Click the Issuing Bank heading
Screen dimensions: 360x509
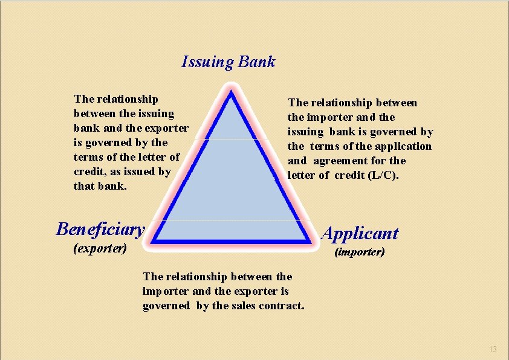point(229,62)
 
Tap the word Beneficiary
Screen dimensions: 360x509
point(100,229)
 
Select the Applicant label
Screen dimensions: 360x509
point(360,234)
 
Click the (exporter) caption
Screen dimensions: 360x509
point(100,248)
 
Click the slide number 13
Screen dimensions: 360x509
point(493,349)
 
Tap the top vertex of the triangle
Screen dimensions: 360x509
point(232,95)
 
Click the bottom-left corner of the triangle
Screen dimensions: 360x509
point(154,241)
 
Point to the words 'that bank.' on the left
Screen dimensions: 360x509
point(100,186)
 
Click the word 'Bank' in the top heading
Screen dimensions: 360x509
point(257,62)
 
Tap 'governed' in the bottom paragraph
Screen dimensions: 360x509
point(166,306)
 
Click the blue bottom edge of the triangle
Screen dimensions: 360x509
point(232,241)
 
